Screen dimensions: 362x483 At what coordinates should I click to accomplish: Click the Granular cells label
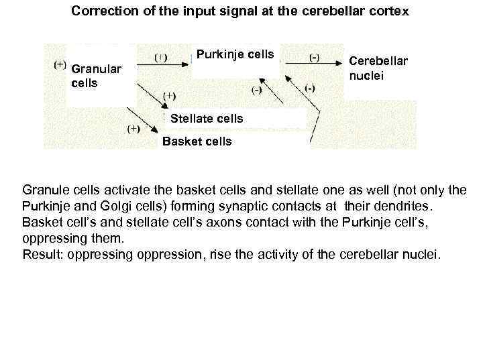pyautogui.click(x=96, y=75)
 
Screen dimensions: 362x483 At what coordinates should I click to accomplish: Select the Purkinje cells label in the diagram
pyautogui.click(x=235, y=54)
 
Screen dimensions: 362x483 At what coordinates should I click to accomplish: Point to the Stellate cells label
pyautogui.click(x=207, y=119)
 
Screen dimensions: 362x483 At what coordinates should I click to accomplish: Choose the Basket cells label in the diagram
pyautogui.click(x=197, y=141)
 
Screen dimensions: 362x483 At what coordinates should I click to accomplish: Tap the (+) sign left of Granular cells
pyautogui.click(x=59, y=64)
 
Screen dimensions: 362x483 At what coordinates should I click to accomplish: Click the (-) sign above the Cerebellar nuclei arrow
pyautogui.click(x=314, y=56)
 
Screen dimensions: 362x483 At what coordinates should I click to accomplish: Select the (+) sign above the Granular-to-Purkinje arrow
pyautogui.click(x=161, y=57)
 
